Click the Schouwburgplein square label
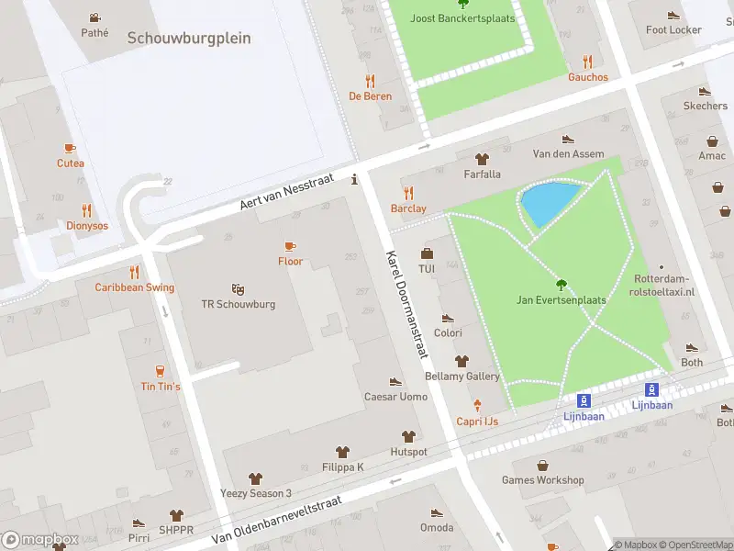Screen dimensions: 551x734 click(189, 38)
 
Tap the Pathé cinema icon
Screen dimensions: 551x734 click(95, 17)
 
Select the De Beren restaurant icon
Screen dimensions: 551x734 click(370, 81)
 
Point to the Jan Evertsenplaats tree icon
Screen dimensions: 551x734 click(562, 285)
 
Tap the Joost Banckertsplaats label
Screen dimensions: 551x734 click(462, 18)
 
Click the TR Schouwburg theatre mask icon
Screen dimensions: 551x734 click(238, 288)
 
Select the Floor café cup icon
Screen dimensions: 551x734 click(290, 246)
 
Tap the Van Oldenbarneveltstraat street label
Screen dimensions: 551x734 click(276, 519)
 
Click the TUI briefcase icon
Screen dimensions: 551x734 click(426, 253)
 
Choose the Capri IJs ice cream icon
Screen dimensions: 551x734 click(477, 406)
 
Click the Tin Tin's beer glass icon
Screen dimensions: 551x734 click(161, 371)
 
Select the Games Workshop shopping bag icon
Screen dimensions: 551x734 click(542, 465)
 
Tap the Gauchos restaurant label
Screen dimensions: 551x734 click(587, 77)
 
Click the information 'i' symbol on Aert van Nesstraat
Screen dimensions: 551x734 click(355, 180)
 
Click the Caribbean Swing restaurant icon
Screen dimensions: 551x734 click(134, 272)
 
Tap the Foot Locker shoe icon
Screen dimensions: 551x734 click(673, 15)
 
